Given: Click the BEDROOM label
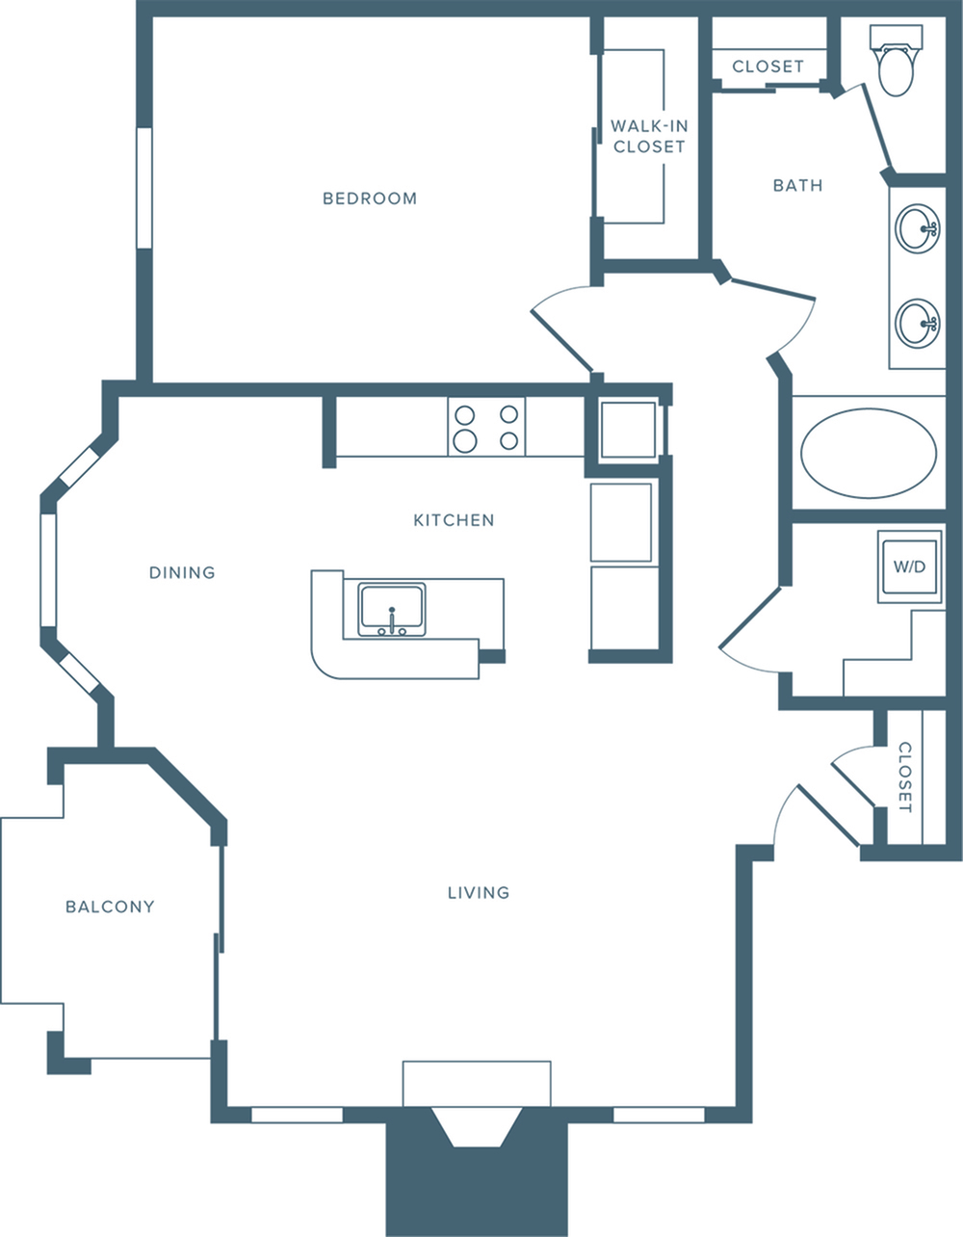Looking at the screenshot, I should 370,198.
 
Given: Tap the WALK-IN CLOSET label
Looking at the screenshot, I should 649,137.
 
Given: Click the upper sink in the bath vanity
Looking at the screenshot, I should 917,228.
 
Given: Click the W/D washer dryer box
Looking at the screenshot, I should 909,566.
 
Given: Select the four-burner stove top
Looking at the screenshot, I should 486,428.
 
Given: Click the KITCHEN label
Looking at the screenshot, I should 454,520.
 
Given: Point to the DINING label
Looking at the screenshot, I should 182,572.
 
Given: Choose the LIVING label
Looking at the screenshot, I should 479,892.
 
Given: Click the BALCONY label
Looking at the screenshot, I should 110,907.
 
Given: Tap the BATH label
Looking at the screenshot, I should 798,185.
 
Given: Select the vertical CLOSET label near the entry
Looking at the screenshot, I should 904,776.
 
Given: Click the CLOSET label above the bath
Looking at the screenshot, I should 768,66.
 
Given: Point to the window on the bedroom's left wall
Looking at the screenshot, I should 144,188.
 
